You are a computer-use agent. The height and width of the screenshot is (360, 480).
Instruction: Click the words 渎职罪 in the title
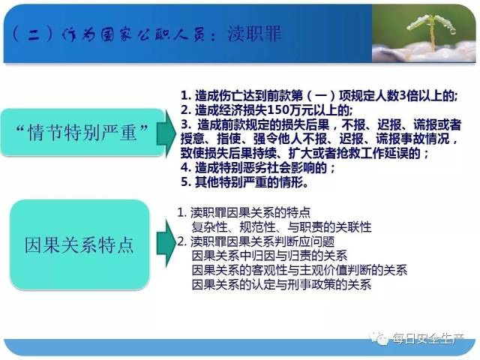254,33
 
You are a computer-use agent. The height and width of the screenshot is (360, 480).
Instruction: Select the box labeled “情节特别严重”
82,132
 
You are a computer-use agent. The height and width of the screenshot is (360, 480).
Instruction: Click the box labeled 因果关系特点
79,245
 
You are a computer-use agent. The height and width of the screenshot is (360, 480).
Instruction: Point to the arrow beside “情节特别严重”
166,133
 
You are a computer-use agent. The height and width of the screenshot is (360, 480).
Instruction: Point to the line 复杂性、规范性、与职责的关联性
282,227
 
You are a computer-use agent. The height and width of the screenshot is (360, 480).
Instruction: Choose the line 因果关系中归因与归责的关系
269,256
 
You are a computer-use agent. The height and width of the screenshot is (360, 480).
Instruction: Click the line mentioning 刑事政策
282,284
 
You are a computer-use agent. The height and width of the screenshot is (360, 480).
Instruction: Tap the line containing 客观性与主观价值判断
299,270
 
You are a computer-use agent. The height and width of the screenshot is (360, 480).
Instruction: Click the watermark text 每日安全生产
428,338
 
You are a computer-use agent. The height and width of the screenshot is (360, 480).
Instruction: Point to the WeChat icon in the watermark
379,338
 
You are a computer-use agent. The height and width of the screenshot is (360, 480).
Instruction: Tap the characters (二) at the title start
33,34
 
